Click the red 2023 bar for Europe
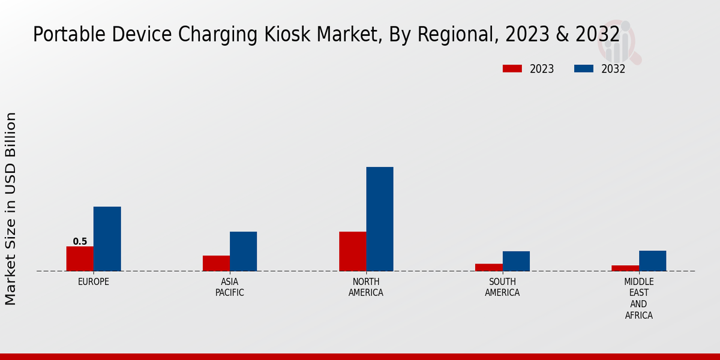point(80,259)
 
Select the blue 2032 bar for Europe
point(107,239)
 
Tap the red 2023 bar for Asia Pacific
point(216,263)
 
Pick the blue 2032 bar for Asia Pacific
point(243,251)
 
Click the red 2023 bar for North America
point(353,251)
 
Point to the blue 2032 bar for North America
point(380,219)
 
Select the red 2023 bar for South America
point(489,268)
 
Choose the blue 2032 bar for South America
point(516,261)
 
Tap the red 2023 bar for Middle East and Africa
point(625,268)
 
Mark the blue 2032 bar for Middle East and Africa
point(652,261)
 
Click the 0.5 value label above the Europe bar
point(80,242)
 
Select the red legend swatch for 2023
point(512,69)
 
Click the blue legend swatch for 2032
point(584,69)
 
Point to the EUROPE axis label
point(94,282)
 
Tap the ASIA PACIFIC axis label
point(230,287)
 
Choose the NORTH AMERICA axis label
point(366,287)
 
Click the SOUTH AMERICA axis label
point(502,287)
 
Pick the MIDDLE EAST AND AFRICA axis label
point(639,299)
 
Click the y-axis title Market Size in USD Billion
point(11,208)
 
